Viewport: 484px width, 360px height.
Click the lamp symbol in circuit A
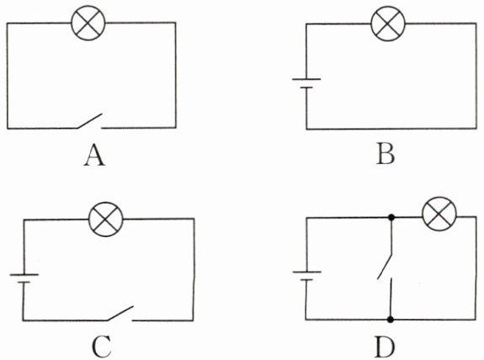point(88,24)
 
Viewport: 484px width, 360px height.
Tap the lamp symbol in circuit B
point(388,24)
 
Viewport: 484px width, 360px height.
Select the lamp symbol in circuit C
point(106,220)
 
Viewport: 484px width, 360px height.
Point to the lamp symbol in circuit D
point(439,214)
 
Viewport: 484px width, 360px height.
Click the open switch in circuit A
point(89,121)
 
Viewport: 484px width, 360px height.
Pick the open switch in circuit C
point(120,314)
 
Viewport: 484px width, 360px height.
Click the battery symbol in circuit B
point(306,83)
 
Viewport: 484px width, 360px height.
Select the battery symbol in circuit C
point(24,278)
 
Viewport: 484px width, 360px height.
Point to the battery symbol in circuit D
point(307,276)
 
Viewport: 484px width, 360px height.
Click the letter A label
point(94,156)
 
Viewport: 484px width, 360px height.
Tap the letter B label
point(386,154)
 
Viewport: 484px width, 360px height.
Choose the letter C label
point(102,347)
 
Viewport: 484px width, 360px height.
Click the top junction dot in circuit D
point(391,217)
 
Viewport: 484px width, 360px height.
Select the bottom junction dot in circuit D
point(391,320)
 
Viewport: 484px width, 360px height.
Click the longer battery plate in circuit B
point(306,79)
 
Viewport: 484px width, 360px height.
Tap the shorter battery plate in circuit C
point(24,282)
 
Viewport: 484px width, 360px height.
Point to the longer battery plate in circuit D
point(307,272)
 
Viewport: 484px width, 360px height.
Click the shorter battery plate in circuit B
point(306,87)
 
